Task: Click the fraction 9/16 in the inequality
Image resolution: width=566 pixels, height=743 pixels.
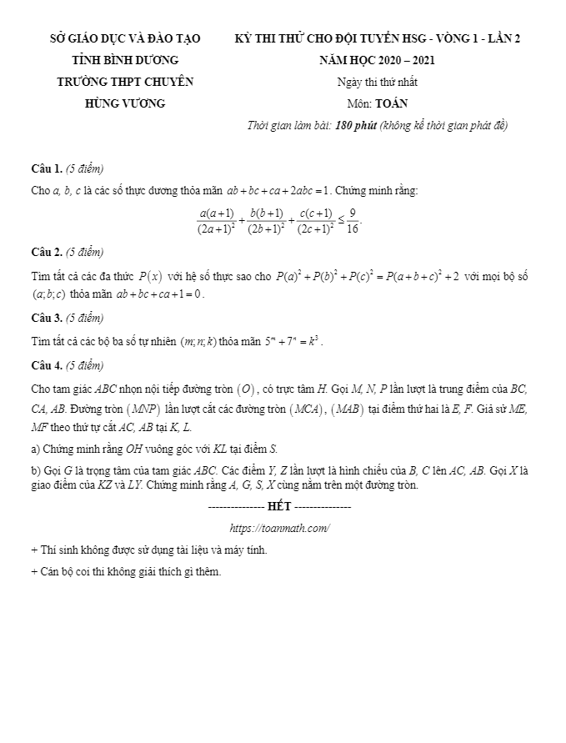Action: (353, 220)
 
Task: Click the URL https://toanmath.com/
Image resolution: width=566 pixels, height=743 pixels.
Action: (279, 528)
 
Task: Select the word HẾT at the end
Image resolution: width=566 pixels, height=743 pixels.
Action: (279, 506)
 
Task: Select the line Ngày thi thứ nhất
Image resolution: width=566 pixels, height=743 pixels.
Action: (378, 82)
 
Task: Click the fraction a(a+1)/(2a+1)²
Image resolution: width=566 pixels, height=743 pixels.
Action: (216, 220)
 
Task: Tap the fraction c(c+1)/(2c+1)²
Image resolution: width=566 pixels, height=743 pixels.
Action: (316, 220)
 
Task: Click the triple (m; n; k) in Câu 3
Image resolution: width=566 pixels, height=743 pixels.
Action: (198, 341)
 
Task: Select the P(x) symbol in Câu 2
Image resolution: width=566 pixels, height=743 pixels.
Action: (150, 275)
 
